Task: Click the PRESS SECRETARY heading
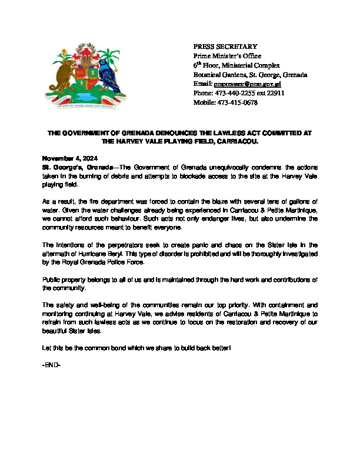226,46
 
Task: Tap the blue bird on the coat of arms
109,73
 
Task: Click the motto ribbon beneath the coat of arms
84,106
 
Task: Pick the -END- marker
51,365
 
